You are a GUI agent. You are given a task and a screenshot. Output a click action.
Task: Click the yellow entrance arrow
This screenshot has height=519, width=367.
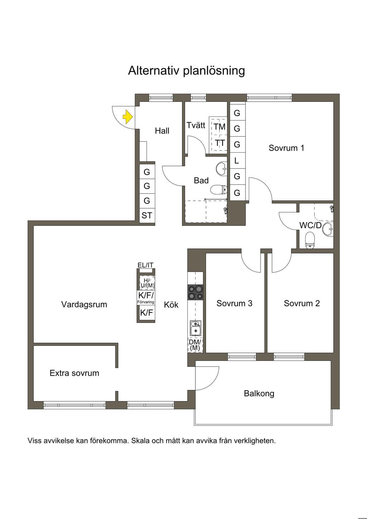(128, 117)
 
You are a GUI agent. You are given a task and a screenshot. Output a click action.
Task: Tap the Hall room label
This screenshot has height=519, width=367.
(162, 131)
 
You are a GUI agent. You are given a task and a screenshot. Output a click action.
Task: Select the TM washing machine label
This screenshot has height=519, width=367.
(219, 127)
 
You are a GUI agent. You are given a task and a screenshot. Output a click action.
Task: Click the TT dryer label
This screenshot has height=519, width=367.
(219, 143)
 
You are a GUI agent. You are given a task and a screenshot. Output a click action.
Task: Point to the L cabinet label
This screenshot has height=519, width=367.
(237, 161)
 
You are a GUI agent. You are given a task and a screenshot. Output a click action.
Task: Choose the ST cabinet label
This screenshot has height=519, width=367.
(147, 215)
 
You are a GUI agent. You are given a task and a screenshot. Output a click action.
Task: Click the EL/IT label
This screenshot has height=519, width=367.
(146, 265)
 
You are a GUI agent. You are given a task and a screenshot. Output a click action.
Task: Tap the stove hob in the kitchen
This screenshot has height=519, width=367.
(195, 292)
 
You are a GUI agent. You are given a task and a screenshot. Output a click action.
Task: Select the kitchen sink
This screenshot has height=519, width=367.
(196, 328)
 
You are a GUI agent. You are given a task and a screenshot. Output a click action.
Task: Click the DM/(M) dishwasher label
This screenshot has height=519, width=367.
(195, 345)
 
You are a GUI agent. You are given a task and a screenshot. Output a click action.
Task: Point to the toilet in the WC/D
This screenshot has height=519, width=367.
(310, 241)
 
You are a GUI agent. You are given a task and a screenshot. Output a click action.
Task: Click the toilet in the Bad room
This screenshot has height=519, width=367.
(219, 190)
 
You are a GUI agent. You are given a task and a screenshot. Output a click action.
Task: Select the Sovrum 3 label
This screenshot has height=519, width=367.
(234, 303)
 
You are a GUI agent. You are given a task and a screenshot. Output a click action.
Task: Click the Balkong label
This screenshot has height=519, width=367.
(259, 394)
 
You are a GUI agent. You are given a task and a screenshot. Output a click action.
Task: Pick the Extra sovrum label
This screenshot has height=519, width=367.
(75, 373)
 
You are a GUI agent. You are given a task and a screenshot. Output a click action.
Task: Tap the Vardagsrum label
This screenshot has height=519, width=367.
(84, 304)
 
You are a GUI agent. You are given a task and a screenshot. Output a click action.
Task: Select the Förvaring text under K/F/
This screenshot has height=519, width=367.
(146, 302)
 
